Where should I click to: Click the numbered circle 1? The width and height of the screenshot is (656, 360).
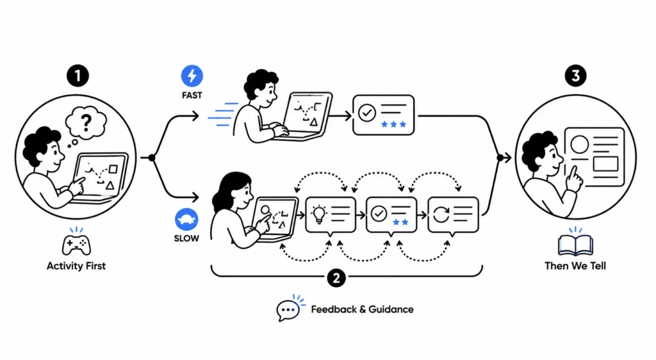(x=78, y=76)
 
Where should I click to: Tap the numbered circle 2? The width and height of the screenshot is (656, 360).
(x=336, y=277)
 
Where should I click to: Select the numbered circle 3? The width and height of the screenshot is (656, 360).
(x=576, y=76)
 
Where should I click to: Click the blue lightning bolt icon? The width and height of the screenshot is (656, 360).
(x=192, y=76)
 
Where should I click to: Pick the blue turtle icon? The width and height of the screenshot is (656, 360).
(x=186, y=219)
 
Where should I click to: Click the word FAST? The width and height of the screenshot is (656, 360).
(x=192, y=95)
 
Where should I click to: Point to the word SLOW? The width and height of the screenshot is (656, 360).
(x=186, y=238)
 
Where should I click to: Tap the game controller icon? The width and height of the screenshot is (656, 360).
(x=76, y=245)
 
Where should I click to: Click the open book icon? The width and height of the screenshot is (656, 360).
(x=576, y=245)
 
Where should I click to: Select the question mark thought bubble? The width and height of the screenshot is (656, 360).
(x=86, y=122)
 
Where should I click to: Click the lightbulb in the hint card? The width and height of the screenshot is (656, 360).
(x=319, y=215)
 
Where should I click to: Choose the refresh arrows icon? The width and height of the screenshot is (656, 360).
(x=441, y=215)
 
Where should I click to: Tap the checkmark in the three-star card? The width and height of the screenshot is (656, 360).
(x=367, y=113)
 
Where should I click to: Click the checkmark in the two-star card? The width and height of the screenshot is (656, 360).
(x=379, y=214)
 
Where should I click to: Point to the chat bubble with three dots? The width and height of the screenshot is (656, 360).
(x=288, y=310)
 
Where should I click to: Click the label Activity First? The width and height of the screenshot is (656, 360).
(x=76, y=266)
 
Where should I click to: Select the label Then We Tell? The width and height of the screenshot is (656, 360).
(x=575, y=266)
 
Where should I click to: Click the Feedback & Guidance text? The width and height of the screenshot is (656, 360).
(x=363, y=309)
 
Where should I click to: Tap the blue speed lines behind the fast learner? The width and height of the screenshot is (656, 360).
(x=222, y=114)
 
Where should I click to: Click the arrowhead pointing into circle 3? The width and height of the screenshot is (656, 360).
(x=507, y=158)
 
